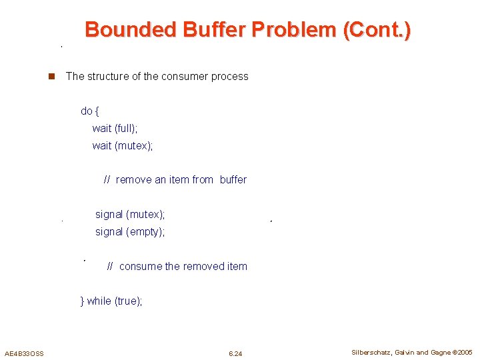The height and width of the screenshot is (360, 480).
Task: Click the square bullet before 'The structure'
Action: [50, 77]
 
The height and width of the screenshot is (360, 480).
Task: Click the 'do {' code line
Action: [90, 111]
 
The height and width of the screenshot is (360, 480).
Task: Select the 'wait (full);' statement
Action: [115, 128]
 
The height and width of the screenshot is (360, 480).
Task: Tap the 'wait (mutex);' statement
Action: [123, 145]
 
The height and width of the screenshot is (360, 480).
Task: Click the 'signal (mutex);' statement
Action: [130, 215]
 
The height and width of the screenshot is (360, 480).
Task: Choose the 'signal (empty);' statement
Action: [130, 232]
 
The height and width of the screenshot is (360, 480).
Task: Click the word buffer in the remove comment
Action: [233, 180]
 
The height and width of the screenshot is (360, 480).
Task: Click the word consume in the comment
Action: [140, 267]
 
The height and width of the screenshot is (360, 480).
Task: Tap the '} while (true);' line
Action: [111, 301]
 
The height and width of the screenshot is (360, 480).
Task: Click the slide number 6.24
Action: [235, 353]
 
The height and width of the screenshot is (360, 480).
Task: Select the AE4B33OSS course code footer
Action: [24, 353]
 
